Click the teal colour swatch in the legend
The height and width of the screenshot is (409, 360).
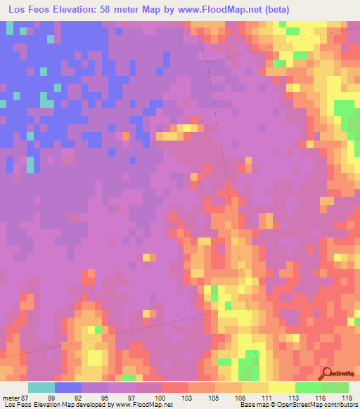(x=41, y=387)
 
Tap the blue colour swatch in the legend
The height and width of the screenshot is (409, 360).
(x=68, y=387)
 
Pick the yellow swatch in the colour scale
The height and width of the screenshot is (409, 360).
(x=281, y=387)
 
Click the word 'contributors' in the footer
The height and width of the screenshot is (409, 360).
(x=338, y=405)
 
